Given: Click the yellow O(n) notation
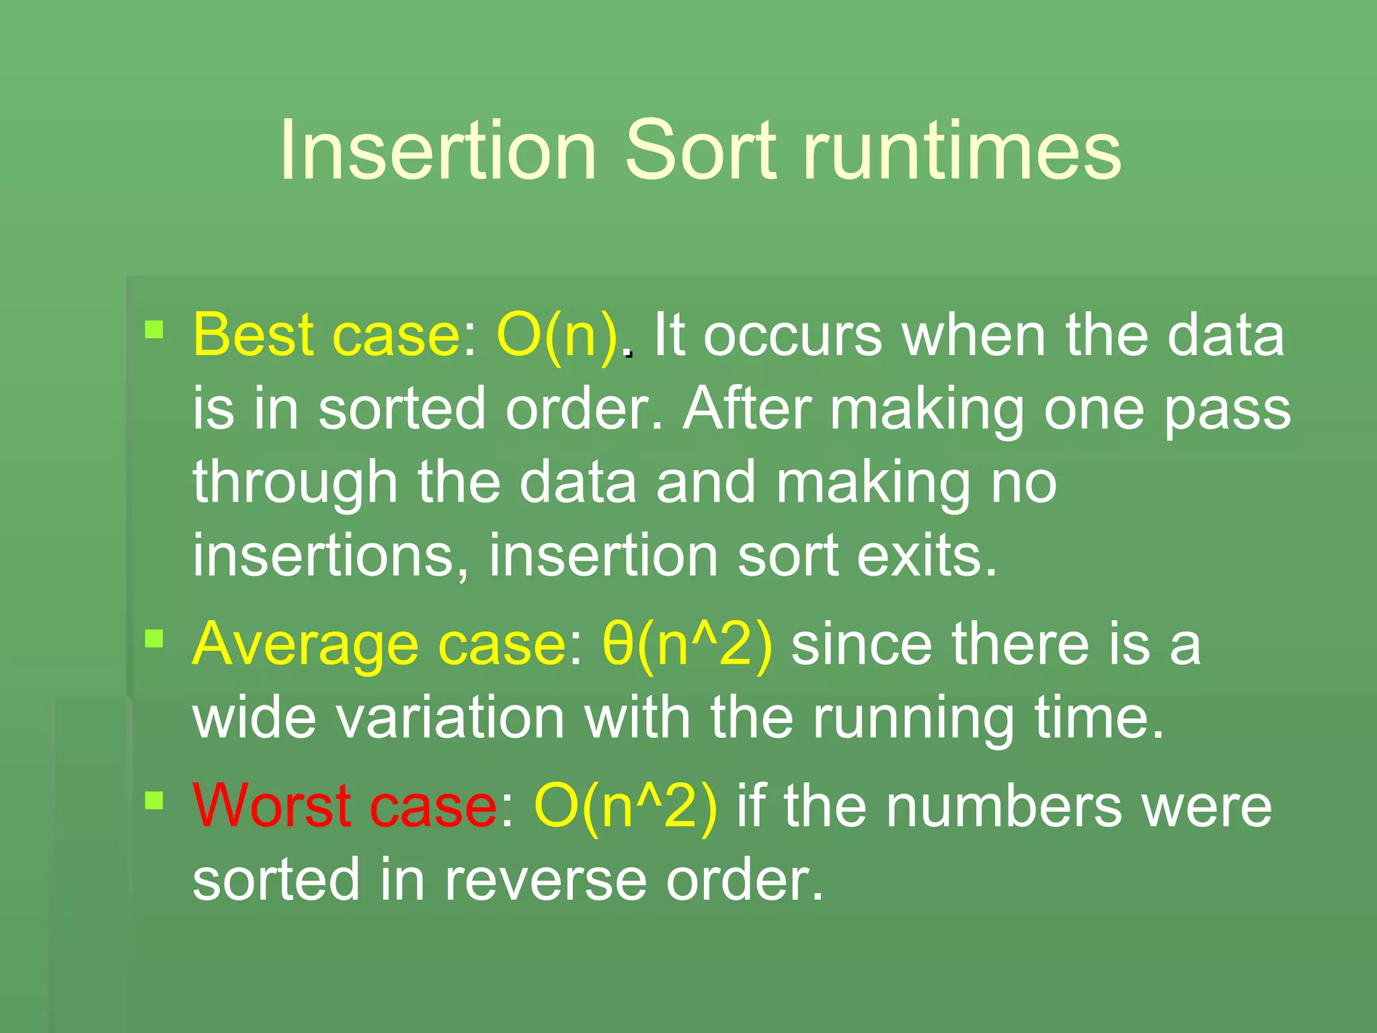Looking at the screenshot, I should point(557,335).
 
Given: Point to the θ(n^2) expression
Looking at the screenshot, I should point(687,644).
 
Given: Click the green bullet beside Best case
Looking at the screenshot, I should point(155,330).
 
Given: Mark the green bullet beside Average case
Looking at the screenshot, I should point(155,638).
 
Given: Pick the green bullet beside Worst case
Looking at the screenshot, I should point(155,800).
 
